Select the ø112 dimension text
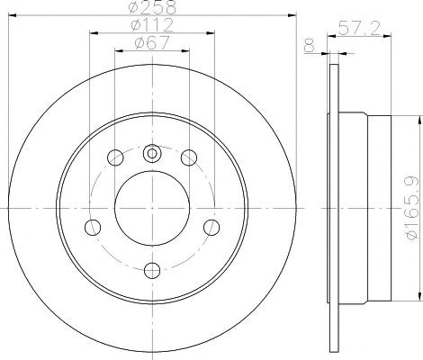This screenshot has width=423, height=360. pos(152,24)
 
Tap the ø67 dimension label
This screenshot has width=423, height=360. pos(152,42)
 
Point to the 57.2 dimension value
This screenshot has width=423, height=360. pos(359,28)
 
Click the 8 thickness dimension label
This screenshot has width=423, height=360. pos(310,46)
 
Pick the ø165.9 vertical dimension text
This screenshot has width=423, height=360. pos(413,208)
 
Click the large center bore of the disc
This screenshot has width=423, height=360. pos(152,208)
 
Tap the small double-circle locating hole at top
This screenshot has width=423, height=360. pos(152,153)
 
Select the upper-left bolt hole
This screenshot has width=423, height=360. pos(115,157)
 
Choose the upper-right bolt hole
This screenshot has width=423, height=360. pos(189,157)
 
